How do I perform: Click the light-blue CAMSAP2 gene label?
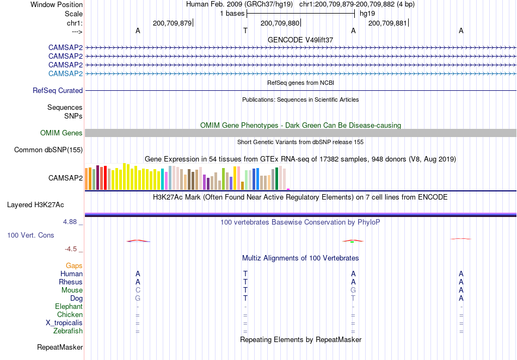click(x=66, y=73)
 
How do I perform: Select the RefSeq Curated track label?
click(x=58, y=91)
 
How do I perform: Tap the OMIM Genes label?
click(x=61, y=133)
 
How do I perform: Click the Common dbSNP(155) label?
click(x=48, y=150)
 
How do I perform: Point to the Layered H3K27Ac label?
click(x=35, y=205)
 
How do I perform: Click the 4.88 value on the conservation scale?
click(x=70, y=222)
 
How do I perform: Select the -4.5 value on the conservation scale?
click(x=71, y=249)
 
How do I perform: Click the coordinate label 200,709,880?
click(x=280, y=23)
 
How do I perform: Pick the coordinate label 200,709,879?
click(x=172, y=23)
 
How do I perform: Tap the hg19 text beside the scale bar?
click(x=367, y=14)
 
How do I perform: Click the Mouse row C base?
click(x=138, y=290)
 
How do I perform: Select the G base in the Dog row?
click(x=138, y=299)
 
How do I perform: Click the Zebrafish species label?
click(x=68, y=331)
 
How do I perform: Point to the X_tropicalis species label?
click(x=64, y=323)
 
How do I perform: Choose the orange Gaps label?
click(x=74, y=265)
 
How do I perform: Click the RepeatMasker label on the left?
click(x=60, y=347)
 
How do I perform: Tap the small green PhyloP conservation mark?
click(x=352, y=242)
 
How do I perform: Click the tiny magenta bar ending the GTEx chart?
click(x=288, y=189)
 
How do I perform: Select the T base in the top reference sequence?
click(x=245, y=30)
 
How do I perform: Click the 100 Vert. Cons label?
click(x=30, y=235)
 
